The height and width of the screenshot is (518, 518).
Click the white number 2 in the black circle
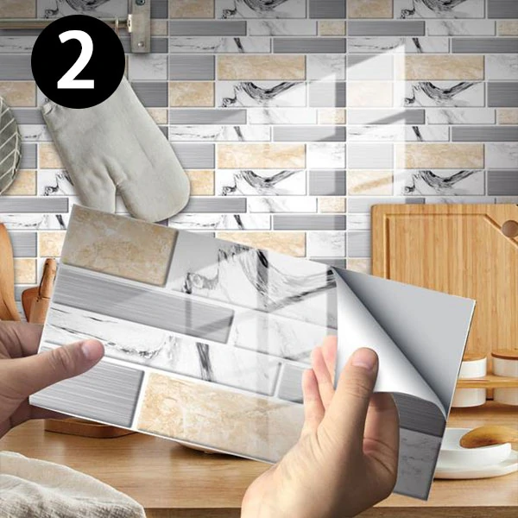click(78, 61)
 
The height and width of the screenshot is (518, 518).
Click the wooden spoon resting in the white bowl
click(489, 437)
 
